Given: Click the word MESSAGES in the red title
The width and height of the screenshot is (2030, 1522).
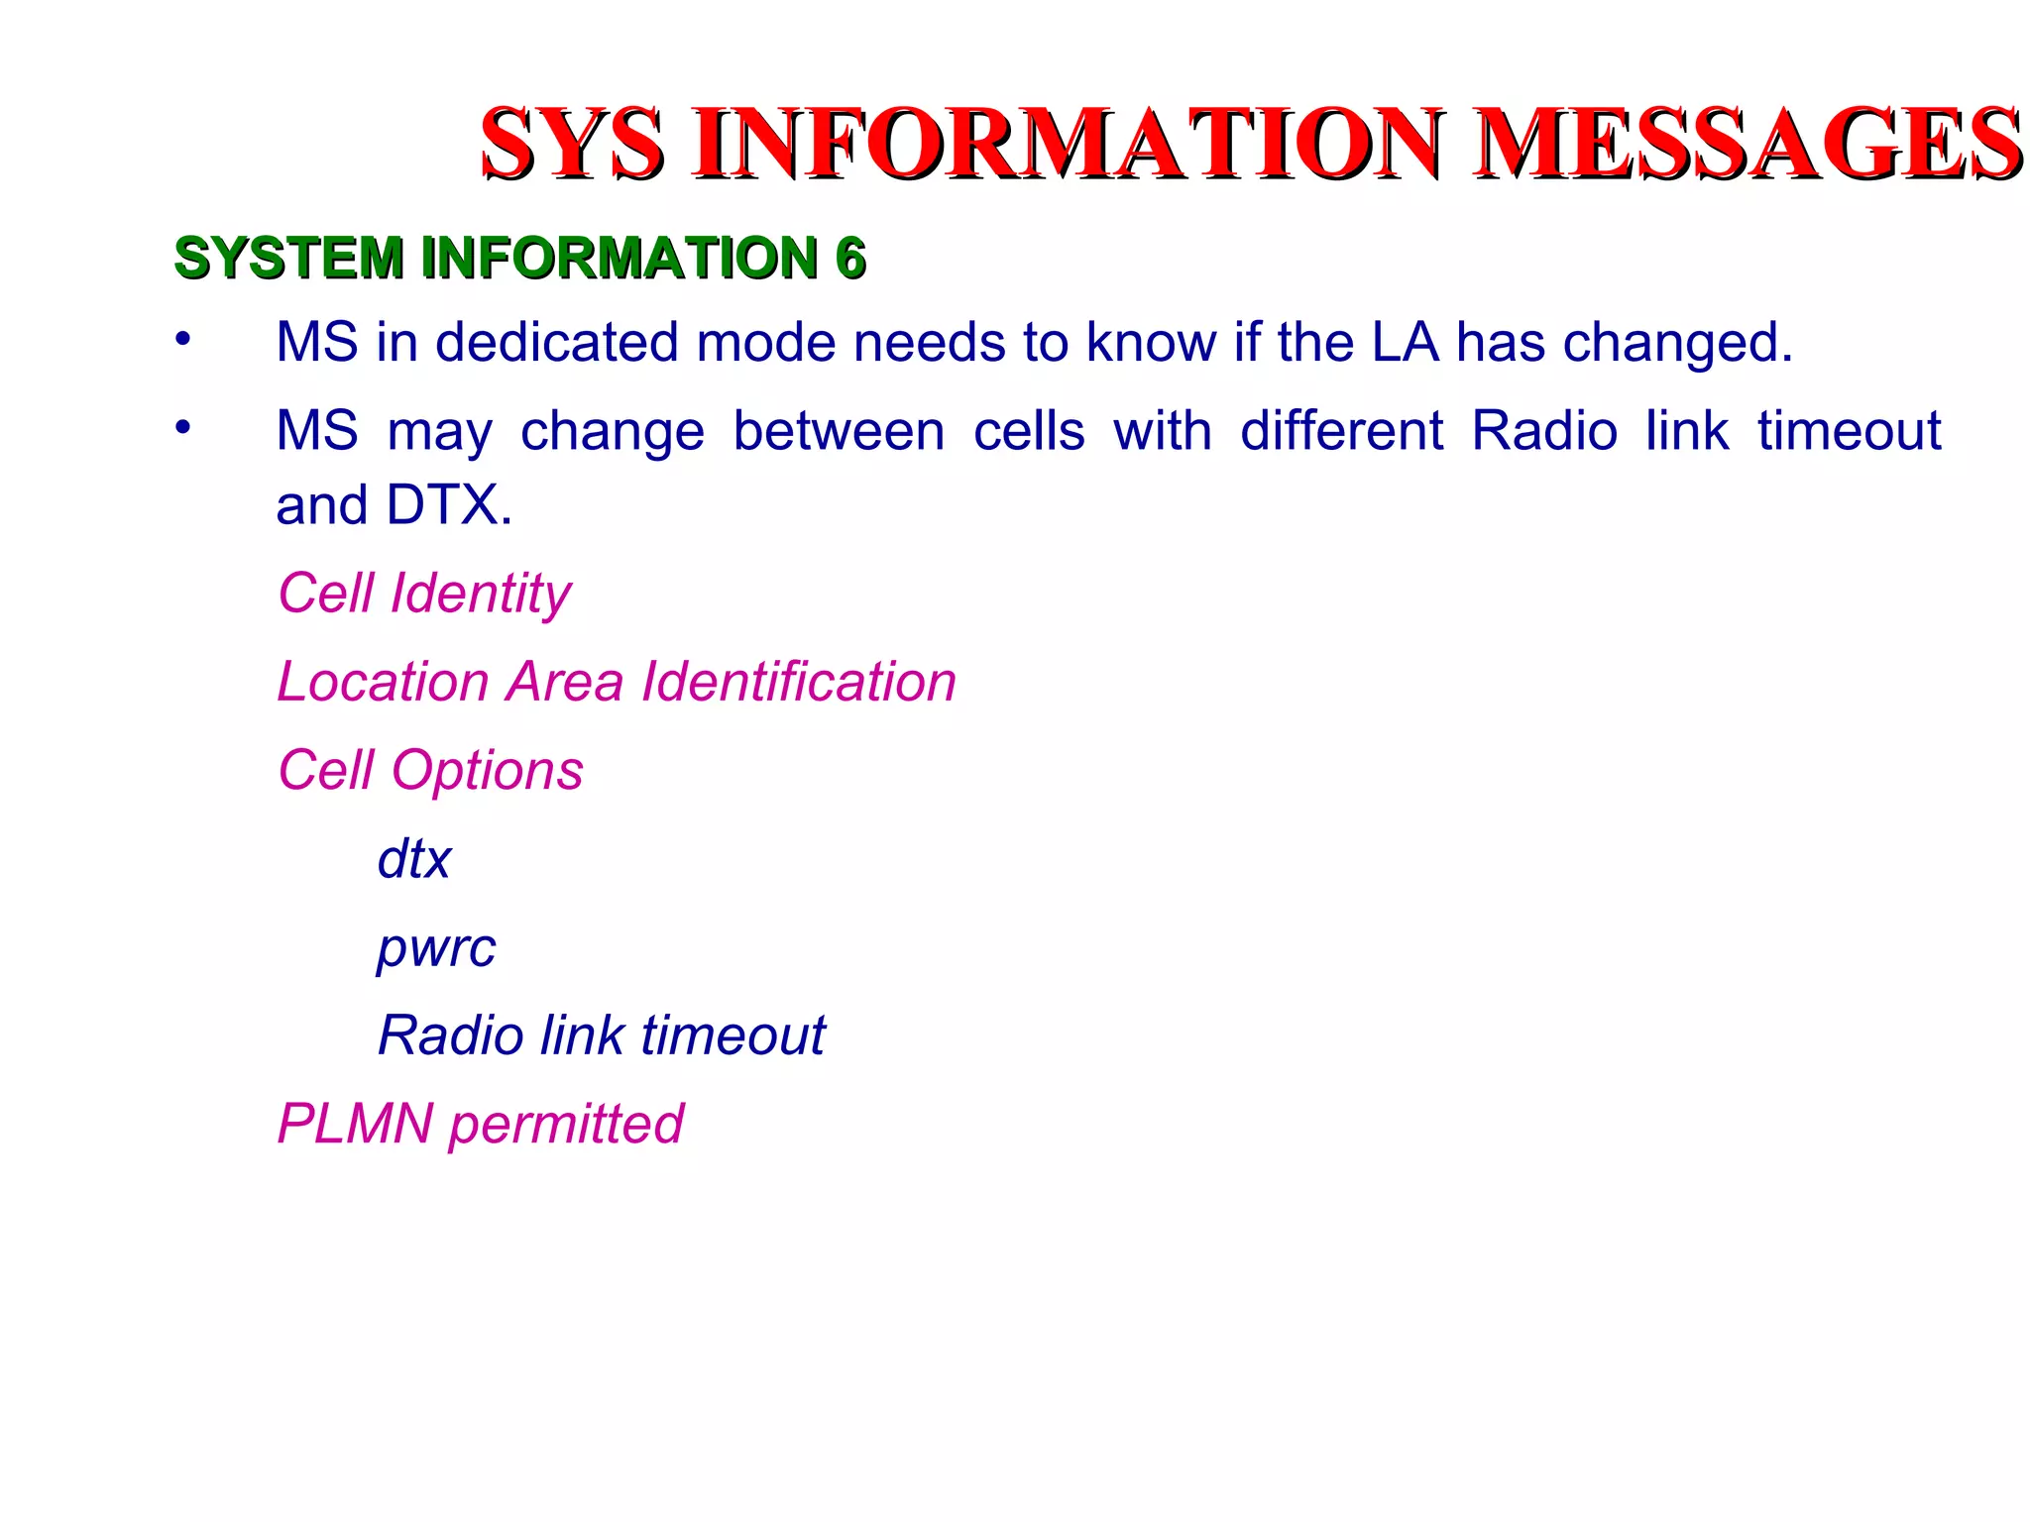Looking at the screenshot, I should [x=1747, y=145].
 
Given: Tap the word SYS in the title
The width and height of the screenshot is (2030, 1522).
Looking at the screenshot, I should [x=572, y=145].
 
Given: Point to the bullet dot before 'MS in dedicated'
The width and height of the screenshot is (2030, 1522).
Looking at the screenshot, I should [x=182, y=339].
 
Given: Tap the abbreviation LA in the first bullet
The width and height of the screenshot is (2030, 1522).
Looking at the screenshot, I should [x=1405, y=343].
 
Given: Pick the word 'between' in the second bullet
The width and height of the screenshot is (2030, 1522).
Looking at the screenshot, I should [x=839, y=432].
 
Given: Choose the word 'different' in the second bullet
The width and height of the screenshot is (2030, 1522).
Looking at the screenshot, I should [x=1342, y=432].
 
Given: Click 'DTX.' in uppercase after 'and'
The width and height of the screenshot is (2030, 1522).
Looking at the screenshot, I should [x=449, y=505].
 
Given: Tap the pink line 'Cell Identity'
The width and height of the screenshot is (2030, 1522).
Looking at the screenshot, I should [x=424, y=594].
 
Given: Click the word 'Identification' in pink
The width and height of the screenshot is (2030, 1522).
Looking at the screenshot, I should [x=799, y=682].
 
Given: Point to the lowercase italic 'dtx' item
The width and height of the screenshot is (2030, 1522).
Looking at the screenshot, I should [x=414, y=859].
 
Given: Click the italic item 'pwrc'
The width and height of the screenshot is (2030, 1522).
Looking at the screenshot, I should [x=436, y=949].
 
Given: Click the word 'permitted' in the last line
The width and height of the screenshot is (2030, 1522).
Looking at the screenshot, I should [x=566, y=1125].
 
